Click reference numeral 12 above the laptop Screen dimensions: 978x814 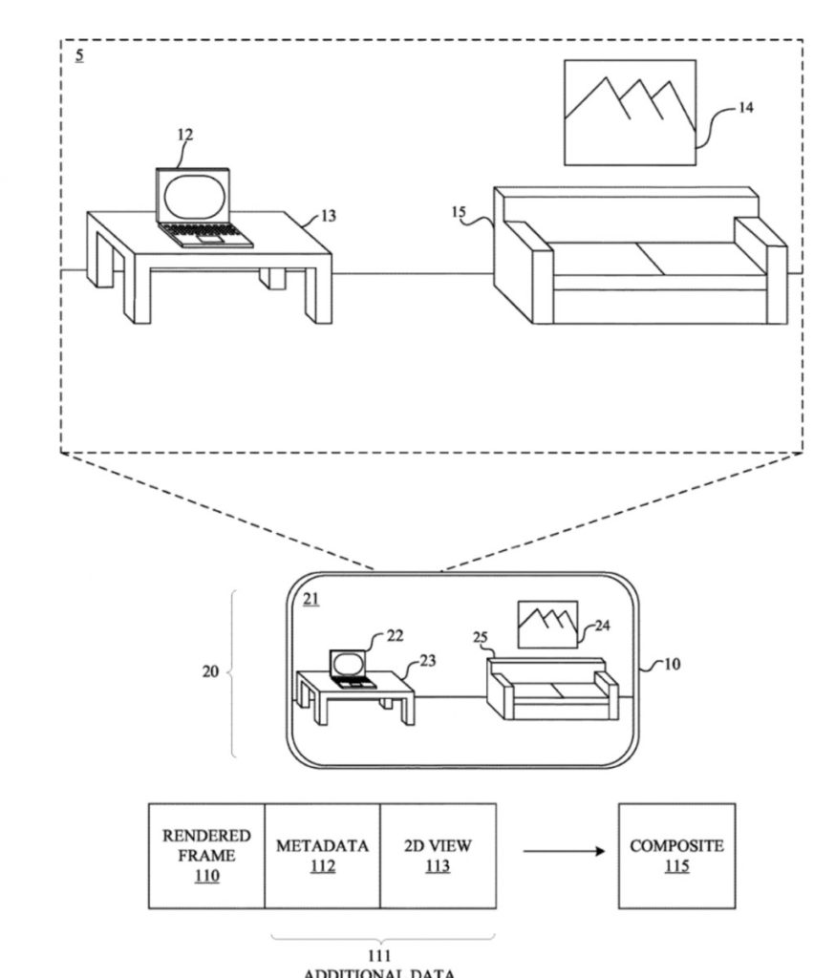[184, 135]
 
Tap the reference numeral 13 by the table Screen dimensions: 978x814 [328, 217]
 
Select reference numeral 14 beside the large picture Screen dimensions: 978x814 [745, 108]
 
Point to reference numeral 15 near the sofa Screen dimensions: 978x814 [459, 212]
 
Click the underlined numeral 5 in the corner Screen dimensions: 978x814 [79, 55]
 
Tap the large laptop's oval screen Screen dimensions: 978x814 [194, 196]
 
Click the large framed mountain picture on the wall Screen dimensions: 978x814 [629, 113]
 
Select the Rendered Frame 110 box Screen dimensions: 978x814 [206, 855]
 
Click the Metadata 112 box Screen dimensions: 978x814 [322, 855]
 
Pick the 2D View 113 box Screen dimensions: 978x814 [438, 855]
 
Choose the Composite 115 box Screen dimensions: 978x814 [676, 855]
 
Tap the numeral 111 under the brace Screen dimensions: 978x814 [379, 954]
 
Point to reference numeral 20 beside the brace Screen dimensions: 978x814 [210, 671]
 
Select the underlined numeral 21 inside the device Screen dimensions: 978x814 [311, 599]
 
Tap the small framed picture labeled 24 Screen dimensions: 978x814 [547, 624]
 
